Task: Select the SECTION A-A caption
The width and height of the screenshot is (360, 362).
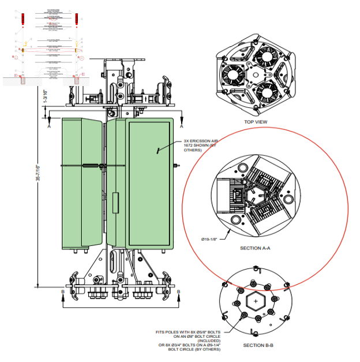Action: [x=255, y=248]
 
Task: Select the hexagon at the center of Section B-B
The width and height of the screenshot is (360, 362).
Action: [x=254, y=302]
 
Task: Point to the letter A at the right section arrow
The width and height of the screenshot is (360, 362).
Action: [x=183, y=125]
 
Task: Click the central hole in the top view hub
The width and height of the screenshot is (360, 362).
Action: [x=255, y=74]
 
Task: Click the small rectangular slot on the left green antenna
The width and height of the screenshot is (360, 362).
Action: [x=114, y=203]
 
